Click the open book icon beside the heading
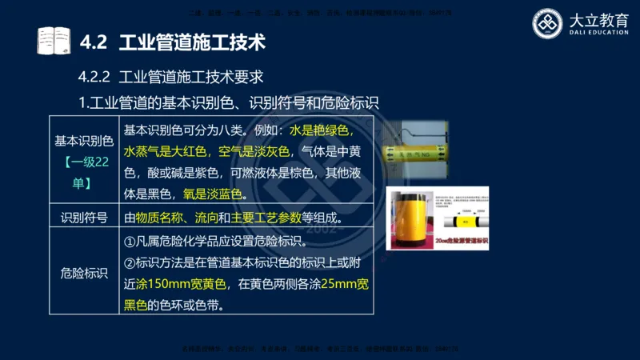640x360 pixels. pyautogui.click(x=53, y=40)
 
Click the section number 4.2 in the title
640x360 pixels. pyautogui.click(x=95, y=40)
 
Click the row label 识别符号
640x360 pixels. pyautogui.click(x=84, y=217)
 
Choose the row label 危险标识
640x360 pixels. pyautogui.click(x=84, y=273)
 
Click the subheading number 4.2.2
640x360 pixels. pyautogui.click(x=94, y=78)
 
